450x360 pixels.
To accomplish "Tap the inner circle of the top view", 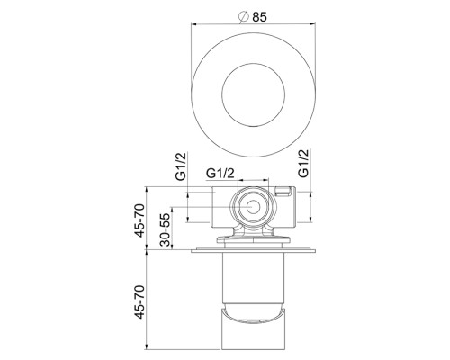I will click(x=252, y=92).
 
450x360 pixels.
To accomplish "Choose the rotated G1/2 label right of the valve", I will click(x=303, y=163).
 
